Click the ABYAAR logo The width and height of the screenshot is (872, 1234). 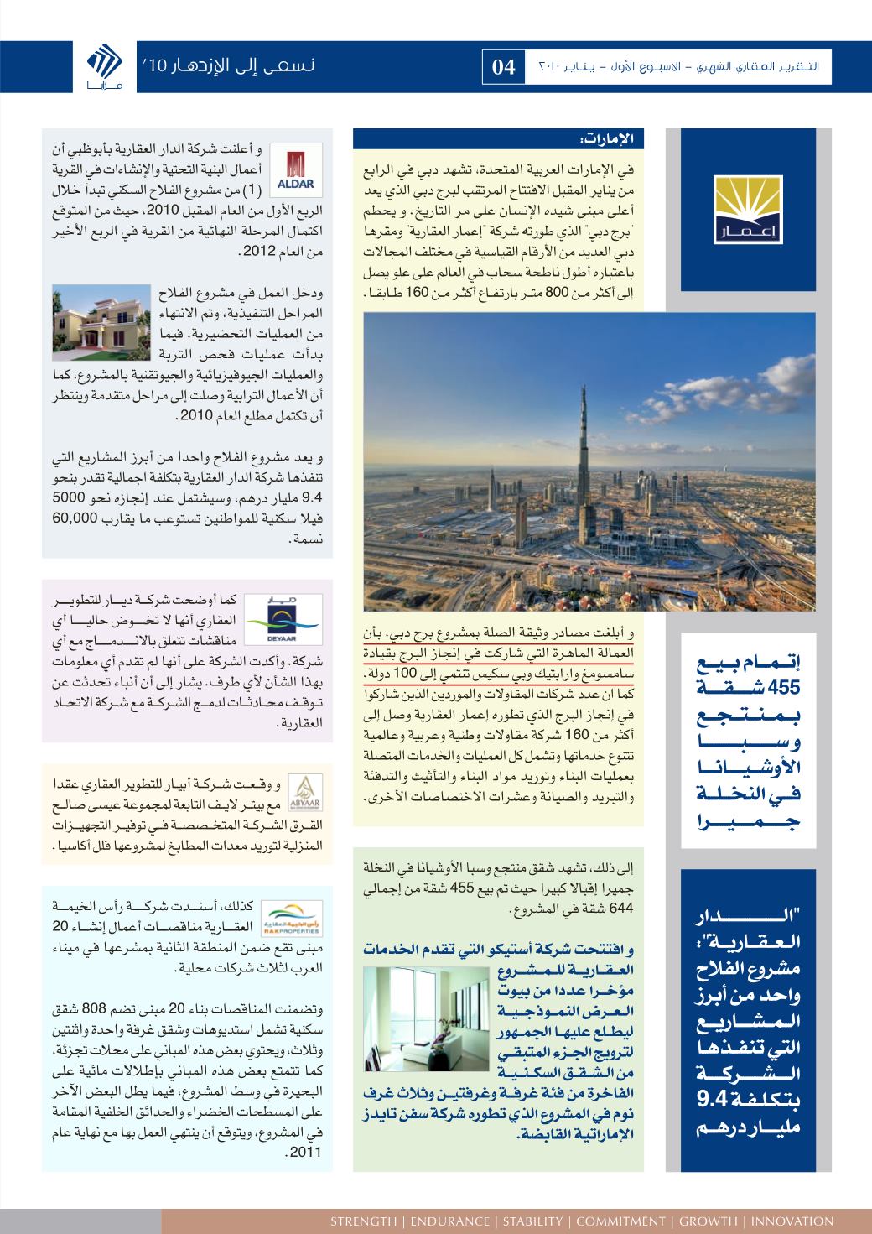click(300, 789)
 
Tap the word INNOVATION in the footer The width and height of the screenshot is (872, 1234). click(792, 1221)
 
